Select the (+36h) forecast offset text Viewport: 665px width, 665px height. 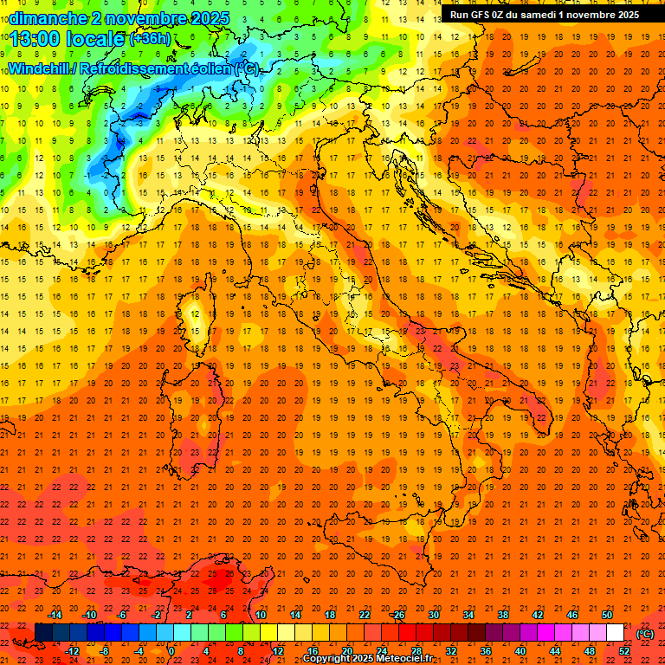click(150, 39)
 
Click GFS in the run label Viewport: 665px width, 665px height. click(484, 15)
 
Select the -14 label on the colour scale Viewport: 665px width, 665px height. click(55, 615)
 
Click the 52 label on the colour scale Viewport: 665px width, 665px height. click(624, 651)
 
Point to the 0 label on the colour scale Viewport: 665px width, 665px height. click(171, 651)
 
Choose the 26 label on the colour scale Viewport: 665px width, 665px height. click(399, 615)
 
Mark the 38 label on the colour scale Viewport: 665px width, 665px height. click(503, 615)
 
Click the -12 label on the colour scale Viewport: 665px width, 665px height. click(73, 651)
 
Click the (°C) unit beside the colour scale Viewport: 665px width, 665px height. click(645, 633)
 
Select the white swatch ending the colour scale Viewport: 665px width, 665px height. click(616, 633)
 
